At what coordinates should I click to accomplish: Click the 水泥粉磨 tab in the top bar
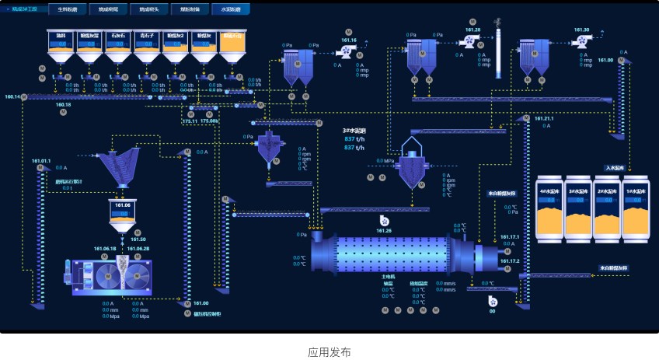pos(231,9)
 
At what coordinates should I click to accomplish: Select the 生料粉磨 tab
pos(68,9)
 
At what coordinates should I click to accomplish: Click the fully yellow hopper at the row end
pos(233,46)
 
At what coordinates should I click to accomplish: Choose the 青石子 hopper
pos(147,46)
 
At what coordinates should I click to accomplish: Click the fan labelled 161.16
pos(346,51)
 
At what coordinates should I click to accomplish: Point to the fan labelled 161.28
pos(470,40)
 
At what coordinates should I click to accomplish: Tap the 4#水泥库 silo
pos(551,207)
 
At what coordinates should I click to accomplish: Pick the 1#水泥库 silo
pos(636,207)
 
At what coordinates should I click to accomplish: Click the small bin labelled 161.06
pos(123,215)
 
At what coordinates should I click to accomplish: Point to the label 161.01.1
pos(41,161)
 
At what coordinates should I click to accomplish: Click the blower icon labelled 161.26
pos(384,222)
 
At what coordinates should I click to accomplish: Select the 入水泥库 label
pos(615,167)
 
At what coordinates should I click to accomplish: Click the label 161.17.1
pos(510,236)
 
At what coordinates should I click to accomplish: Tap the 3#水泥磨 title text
pos(354,131)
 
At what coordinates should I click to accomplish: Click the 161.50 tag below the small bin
pos(138,239)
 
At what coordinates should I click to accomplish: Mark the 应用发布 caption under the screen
pos(329,351)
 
